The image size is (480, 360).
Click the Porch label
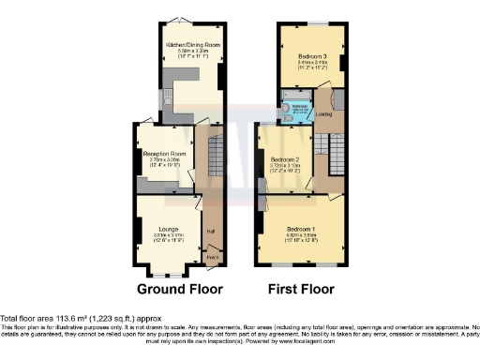pos(212,257)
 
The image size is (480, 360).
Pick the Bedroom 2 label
pos(284,160)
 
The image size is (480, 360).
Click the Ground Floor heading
pos(172,289)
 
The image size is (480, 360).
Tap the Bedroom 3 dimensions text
pos(310,67)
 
